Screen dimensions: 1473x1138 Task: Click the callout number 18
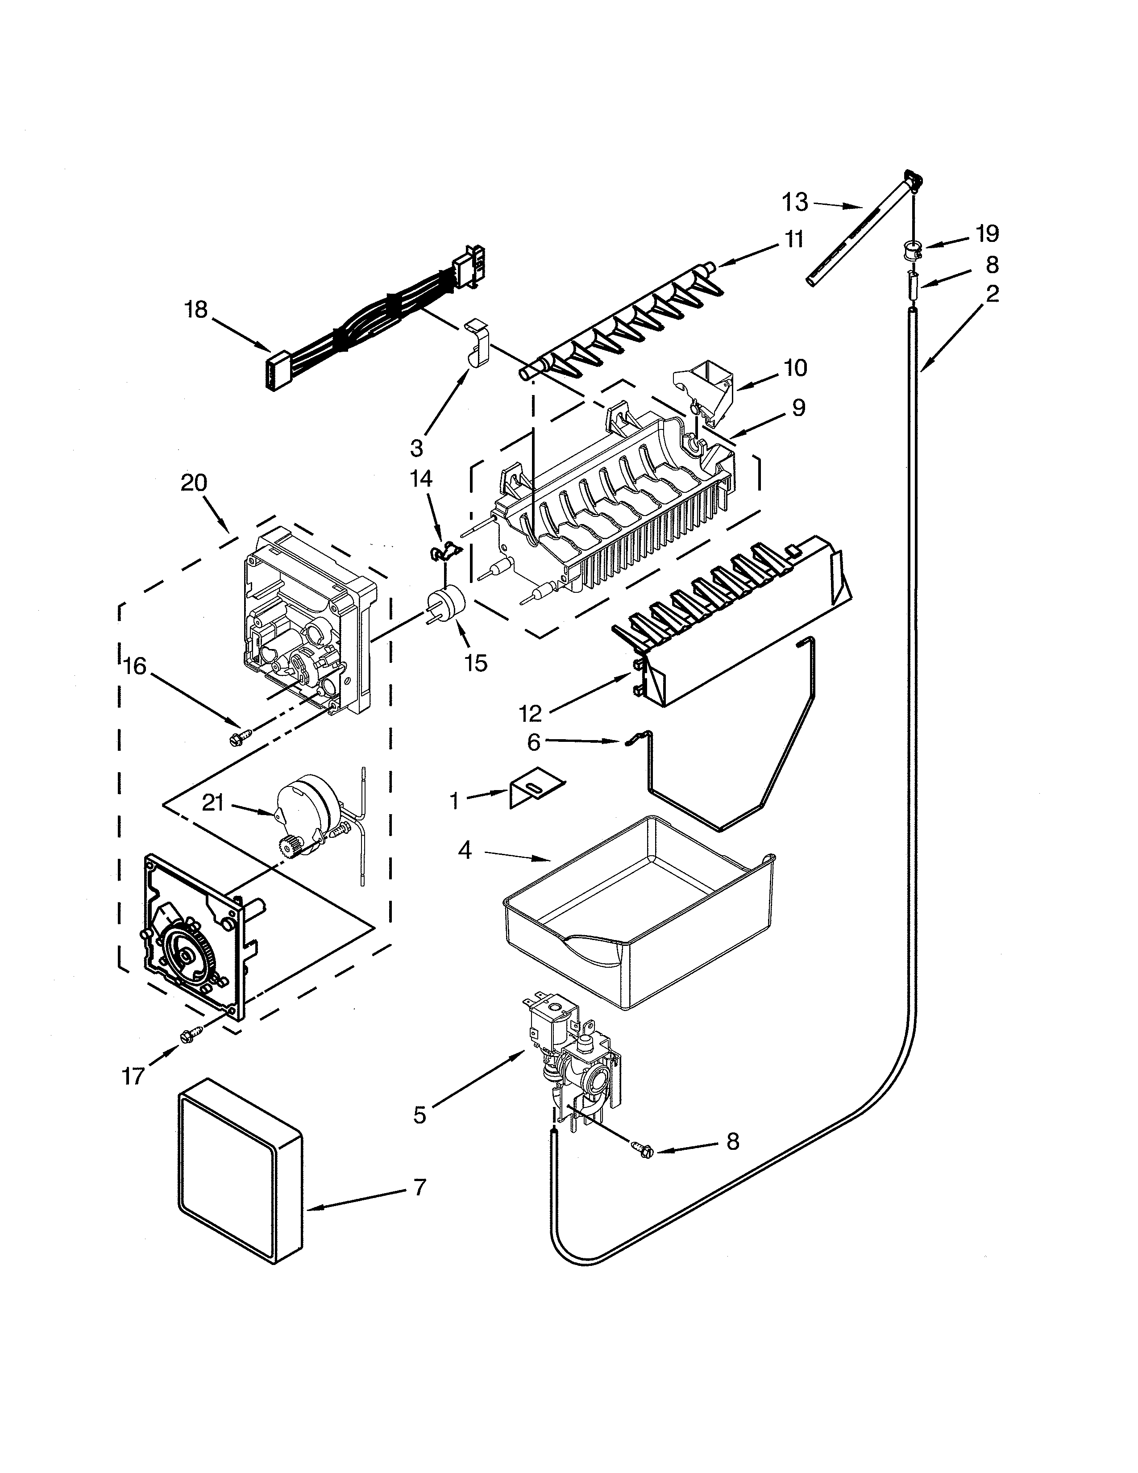tap(196, 311)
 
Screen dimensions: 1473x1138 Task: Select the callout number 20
tap(194, 483)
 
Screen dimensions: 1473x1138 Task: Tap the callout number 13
tap(795, 202)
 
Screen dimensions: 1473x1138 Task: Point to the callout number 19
tap(987, 234)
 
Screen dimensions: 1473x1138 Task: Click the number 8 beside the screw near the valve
tap(733, 1141)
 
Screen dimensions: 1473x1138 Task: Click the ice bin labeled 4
tap(637, 911)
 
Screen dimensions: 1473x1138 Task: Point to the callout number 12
tap(531, 713)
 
